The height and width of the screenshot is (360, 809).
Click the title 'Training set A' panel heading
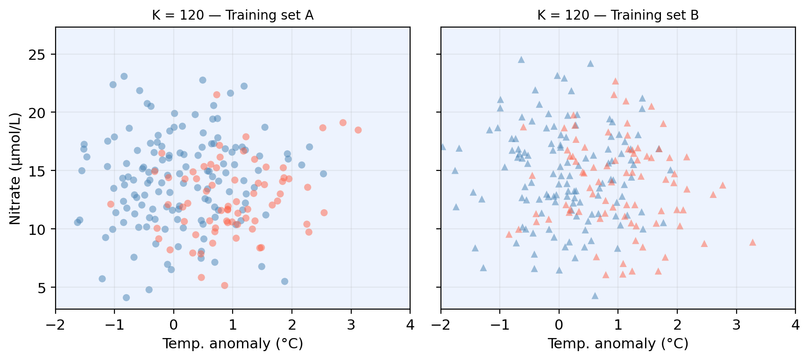click(x=233, y=15)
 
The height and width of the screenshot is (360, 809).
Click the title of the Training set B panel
click(x=617, y=15)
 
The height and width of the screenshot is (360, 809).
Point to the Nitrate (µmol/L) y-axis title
click(x=15, y=168)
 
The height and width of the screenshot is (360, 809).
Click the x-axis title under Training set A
click(x=233, y=344)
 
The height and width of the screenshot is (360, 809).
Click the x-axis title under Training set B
click(x=617, y=344)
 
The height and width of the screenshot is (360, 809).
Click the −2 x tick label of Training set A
click(x=56, y=325)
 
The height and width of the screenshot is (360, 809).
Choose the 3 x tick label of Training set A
click(x=351, y=325)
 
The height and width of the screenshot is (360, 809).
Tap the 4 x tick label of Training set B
click(x=795, y=325)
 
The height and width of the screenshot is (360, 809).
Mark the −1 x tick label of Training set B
click(x=499, y=325)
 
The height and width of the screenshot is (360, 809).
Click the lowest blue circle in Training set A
click(x=126, y=297)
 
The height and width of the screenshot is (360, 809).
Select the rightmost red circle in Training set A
click(x=358, y=130)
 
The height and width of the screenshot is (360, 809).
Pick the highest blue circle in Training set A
click(x=124, y=76)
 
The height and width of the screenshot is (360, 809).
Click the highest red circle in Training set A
click(x=217, y=95)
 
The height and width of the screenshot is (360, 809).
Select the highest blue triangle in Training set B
click(x=521, y=60)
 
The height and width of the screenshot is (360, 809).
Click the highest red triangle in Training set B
click(x=615, y=81)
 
